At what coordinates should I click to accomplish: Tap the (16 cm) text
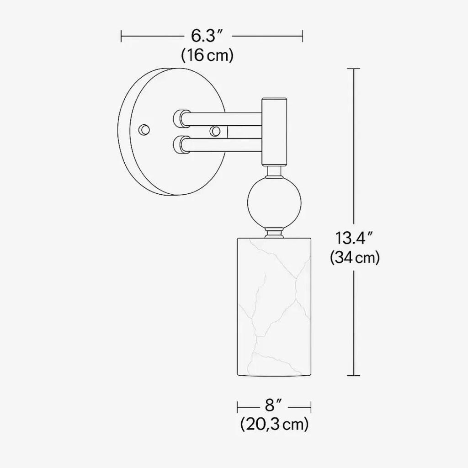click(207, 55)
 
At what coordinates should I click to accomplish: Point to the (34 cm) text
click(355, 258)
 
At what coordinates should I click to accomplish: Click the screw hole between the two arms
click(214, 131)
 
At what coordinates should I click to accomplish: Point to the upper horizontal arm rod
click(224, 119)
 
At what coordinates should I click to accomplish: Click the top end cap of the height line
click(353, 69)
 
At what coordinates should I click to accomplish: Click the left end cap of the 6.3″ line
click(121, 35)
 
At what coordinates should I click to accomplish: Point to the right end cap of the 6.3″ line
click(303, 35)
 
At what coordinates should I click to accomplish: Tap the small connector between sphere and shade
click(274, 233)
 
